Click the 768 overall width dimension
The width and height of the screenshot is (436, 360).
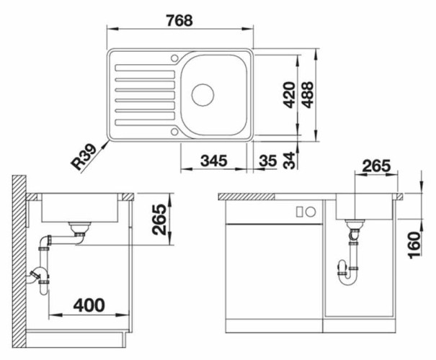click(x=179, y=20)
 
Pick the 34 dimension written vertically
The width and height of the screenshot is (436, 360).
click(x=290, y=161)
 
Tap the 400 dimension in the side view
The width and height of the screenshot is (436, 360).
click(x=88, y=305)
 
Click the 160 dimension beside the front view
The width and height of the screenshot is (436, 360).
click(x=413, y=246)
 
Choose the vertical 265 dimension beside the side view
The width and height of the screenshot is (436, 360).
click(x=160, y=220)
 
